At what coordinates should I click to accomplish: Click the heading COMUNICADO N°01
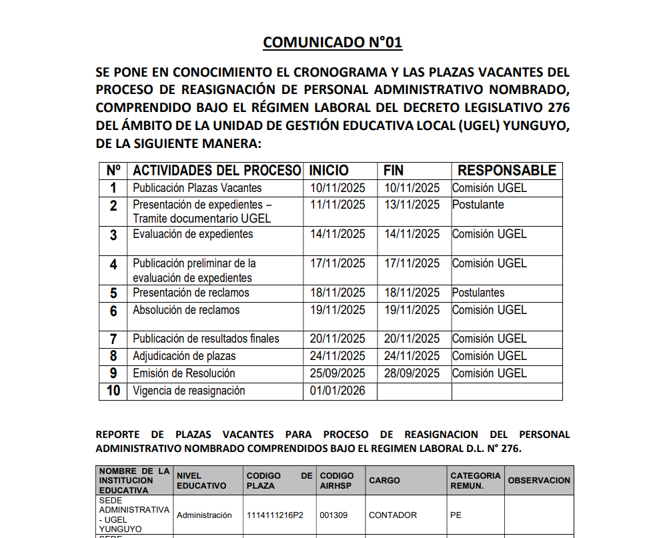pyautogui.click(x=333, y=43)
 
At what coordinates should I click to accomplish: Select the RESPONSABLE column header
pyautogui.click(x=507, y=171)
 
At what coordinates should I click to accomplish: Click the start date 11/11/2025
pyautogui.click(x=338, y=205)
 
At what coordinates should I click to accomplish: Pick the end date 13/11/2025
pyautogui.click(x=412, y=205)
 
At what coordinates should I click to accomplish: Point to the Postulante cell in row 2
pyautogui.click(x=478, y=205)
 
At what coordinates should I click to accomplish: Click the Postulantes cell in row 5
pyautogui.click(x=478, y=293)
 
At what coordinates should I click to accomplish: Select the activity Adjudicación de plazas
pyautogui.click(x=184, y=356)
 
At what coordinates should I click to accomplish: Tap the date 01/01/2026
pyautogui.click(x=338, y=391)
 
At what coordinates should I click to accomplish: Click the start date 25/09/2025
pyautogui.click(x=338, y=373)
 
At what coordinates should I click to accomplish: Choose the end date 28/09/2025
pyautogui.click(x=412, y=373)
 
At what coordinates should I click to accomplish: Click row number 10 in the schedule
pyautogui.click(x=113, y=391)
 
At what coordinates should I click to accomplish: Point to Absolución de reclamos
pyautogui.click(x=186, y=310)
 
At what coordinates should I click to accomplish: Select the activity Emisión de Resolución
pyautogui.click(x=183, y=373)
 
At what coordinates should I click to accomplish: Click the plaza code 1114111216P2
pyautogui.click(x=275, y=515)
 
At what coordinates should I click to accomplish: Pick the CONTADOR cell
pyautogui.click(x=393, y=515)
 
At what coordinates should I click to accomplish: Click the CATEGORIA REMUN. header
pyautogui.click(x=475, y=480)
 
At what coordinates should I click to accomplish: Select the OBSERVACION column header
pyautogui.click(x=539, y=480)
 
